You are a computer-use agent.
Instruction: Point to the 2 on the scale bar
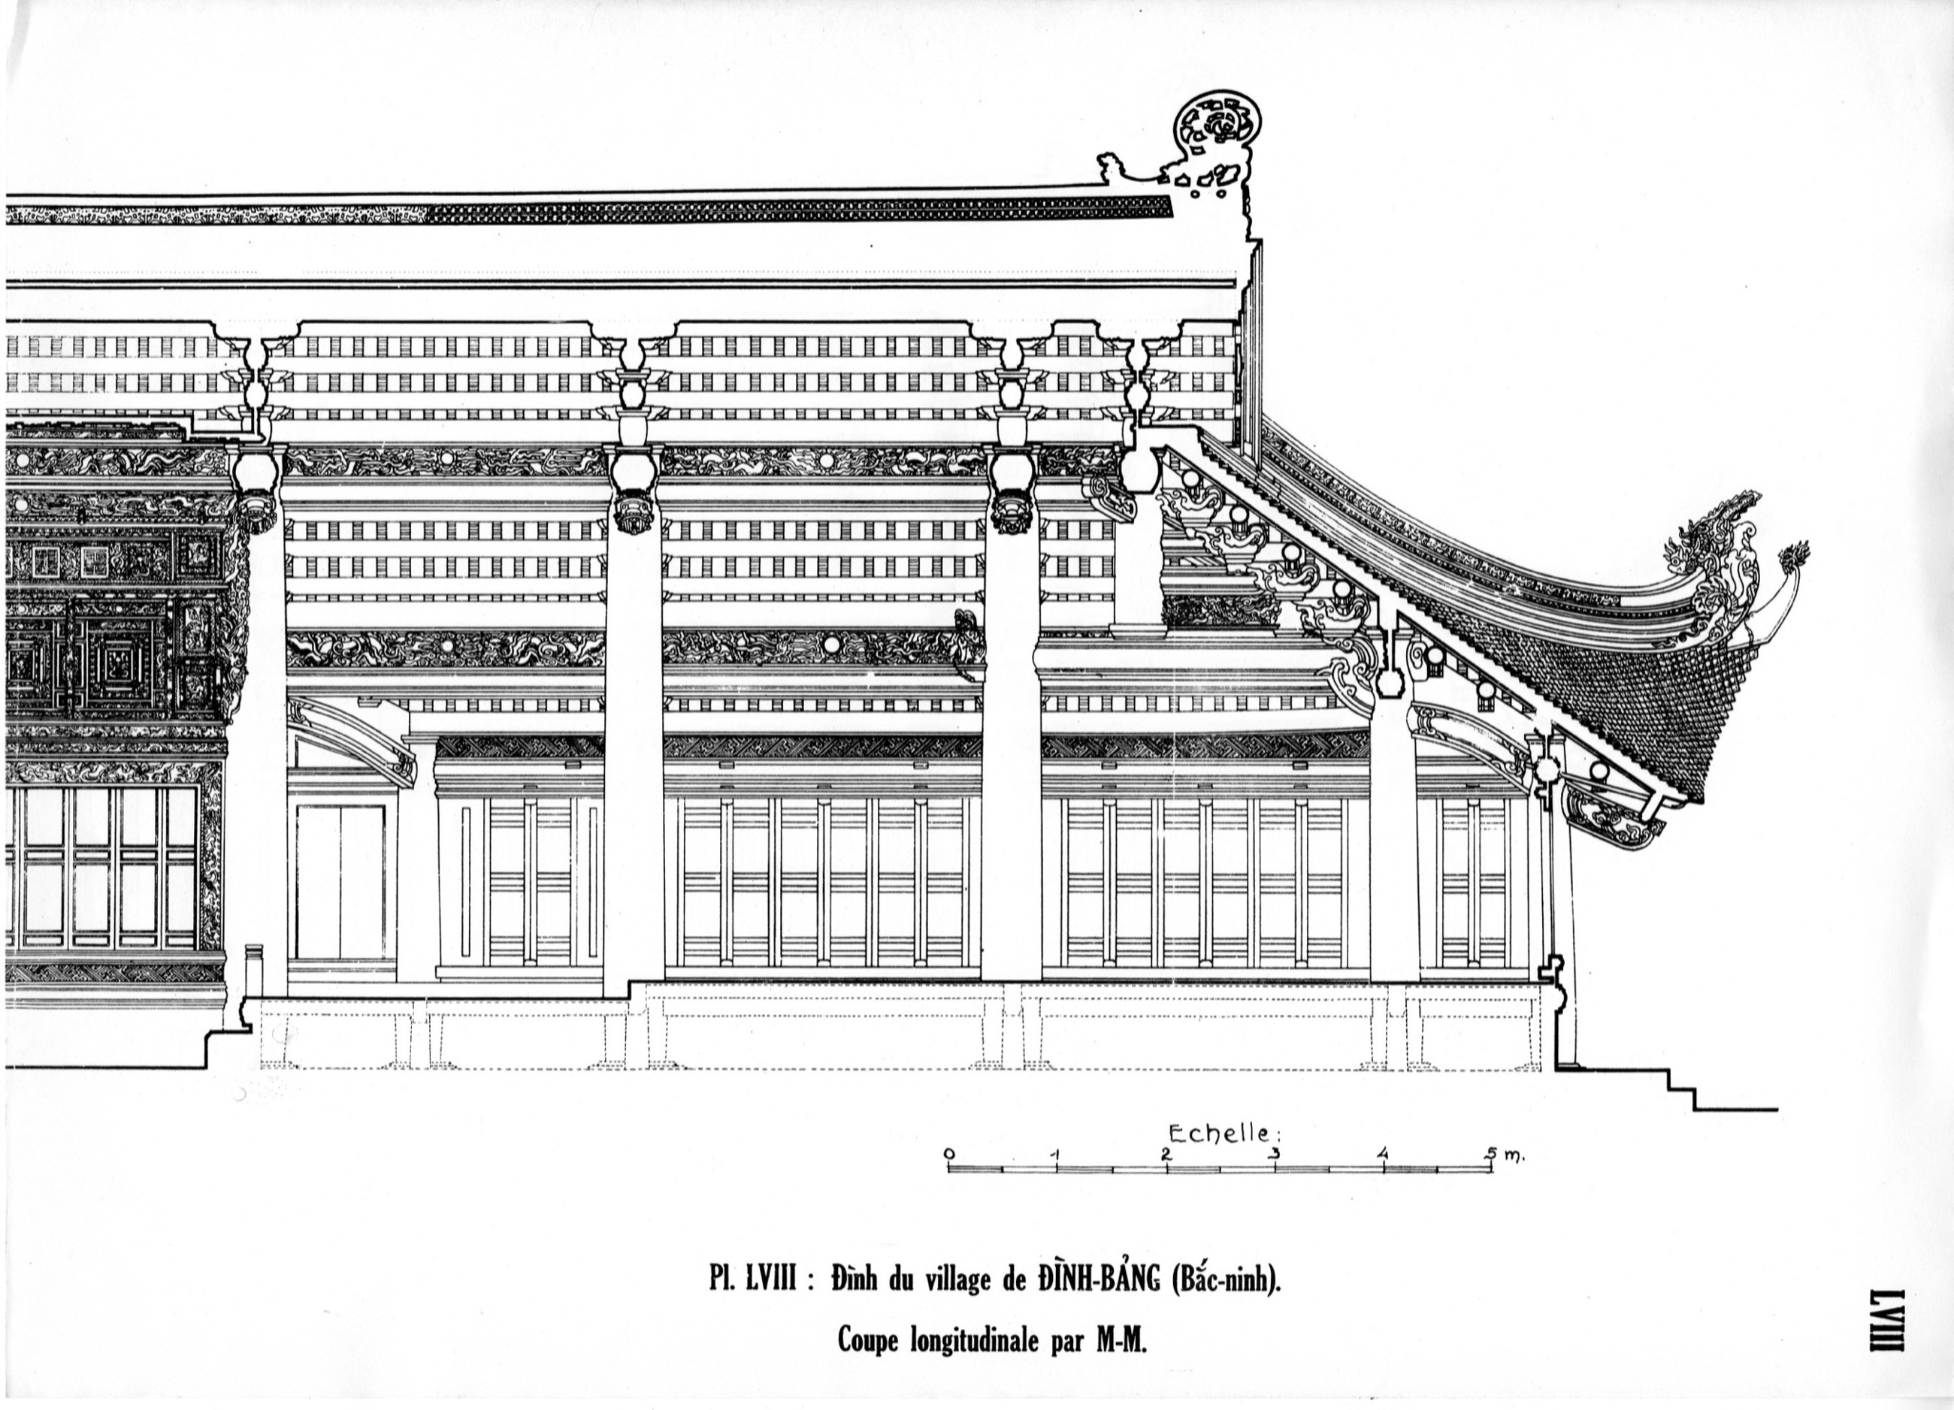point(1166,1154)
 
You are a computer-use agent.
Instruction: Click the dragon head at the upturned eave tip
point(1714,534)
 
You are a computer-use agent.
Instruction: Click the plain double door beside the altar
point(340,883)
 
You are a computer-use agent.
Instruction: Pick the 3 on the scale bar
point(1275,1154)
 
